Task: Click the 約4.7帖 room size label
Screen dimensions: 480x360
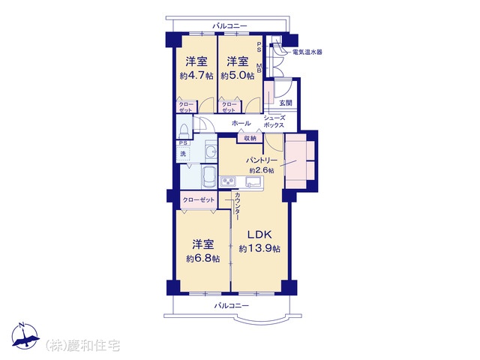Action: (x=196, y=76)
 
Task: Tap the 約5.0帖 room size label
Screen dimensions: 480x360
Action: (x=238, y=76)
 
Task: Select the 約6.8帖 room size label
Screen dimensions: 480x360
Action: (x=203, y=259)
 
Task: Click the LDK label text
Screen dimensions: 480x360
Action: (x=259, y=235)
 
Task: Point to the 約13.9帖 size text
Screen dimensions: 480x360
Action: (x=259, y=248)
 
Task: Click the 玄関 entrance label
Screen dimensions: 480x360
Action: (x=285, y=103)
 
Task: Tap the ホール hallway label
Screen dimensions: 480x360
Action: (x=241, y=123)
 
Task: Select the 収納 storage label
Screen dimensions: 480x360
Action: (x=250, y=138)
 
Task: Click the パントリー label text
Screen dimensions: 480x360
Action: (x=262, y=160)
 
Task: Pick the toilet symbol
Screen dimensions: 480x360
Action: (x=184, y=131)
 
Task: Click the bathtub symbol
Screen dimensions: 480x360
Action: (x=208, y=178)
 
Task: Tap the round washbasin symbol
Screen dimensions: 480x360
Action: (x=211, y=151)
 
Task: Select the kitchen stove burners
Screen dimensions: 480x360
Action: (x=228, y=182)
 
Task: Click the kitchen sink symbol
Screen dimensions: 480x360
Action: (x=253, y=181)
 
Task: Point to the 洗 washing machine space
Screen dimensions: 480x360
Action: (x=183, y=154)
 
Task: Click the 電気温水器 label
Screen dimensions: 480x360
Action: (x=307, y=52)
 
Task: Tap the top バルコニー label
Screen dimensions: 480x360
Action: (x=230, y=25)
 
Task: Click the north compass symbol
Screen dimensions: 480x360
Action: (x=25, y=336)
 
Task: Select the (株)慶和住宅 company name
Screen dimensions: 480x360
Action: (x=82, y=345)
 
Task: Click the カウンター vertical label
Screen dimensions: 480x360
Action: (x=237, y=205)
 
